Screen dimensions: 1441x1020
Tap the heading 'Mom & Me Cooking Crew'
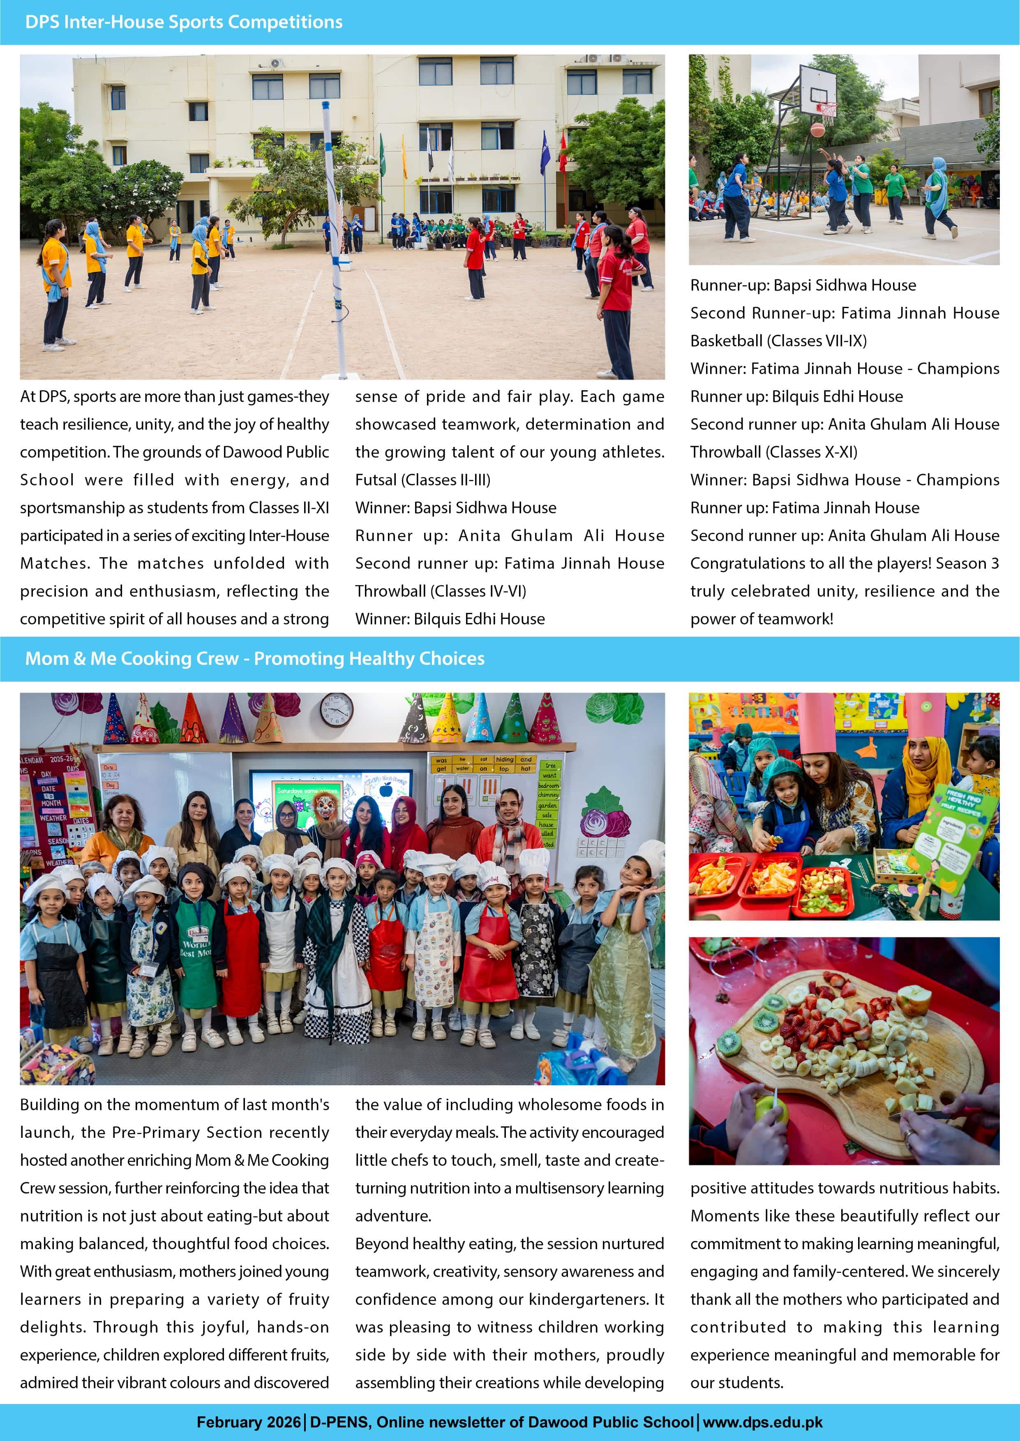[x=254, y=658]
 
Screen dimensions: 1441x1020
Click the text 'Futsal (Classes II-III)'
[x=423, y=480]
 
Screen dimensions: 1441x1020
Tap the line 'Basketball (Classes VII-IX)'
[x=778, y=341]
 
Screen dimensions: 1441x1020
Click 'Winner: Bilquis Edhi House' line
[x=450, y=619]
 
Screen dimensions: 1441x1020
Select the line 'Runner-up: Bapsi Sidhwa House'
[x=803, y=285]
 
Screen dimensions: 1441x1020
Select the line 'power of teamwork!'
[x=761, y=619]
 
